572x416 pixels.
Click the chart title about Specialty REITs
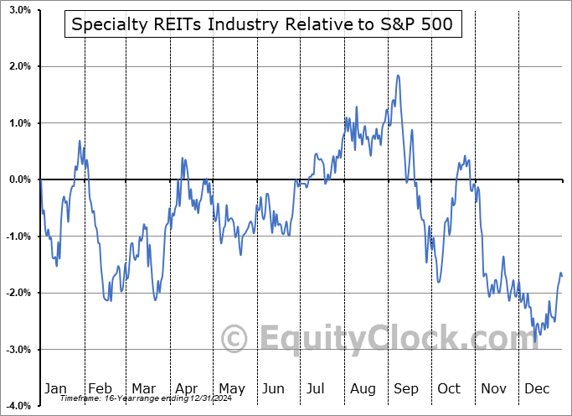click(261, 24)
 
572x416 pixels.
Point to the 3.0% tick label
click(20, 10)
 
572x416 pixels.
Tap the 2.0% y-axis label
click(20, 66)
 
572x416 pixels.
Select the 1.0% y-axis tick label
click(20, 123)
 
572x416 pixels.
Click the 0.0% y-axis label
click(20, 179)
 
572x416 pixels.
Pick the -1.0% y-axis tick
click(18, 237)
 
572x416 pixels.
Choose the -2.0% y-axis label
click(18, 293)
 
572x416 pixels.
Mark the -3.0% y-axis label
click(18, 350)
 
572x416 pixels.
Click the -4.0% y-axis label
click(18, 406)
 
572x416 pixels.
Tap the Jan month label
click(54, 388)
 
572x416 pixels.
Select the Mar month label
click(142, 388)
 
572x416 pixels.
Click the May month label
click(231, 388)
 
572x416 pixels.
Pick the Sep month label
click(407, 388)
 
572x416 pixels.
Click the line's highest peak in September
click(399, 76)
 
